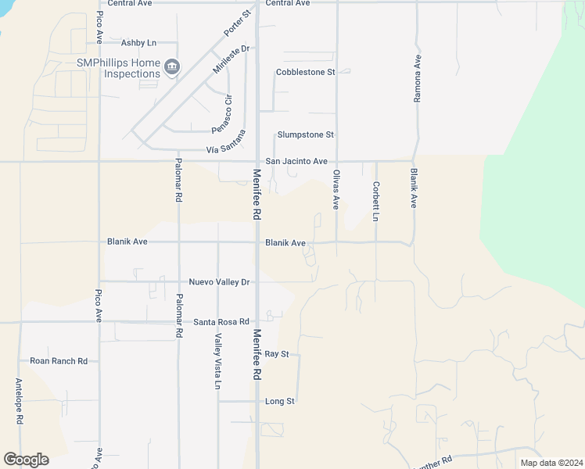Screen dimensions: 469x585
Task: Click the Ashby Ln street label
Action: (x=139, y=43)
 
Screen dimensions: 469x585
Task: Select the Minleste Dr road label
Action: (x=231, y=59)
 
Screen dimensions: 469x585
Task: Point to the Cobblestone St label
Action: (x=305, y=72)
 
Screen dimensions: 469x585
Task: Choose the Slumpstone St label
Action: (x=305, y=134)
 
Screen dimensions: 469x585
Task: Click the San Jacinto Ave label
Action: (x=296, y=161)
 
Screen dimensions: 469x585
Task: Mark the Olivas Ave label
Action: (x=336, y=189)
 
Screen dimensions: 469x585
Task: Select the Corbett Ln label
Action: (x=376, y=200)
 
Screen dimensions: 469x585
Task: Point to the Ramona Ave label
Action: (x=418, y=79)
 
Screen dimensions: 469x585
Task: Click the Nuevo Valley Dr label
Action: (x=219, y=281)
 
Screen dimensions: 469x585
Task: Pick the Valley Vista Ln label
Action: (x=218, y=361)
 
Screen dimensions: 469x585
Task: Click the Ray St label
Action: (x=277, y=354)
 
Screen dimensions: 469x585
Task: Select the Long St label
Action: (x=279, y=401)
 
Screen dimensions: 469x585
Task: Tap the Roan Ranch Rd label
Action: (x=59, y=361)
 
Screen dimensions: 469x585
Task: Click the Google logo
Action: (x=26, y=460)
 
